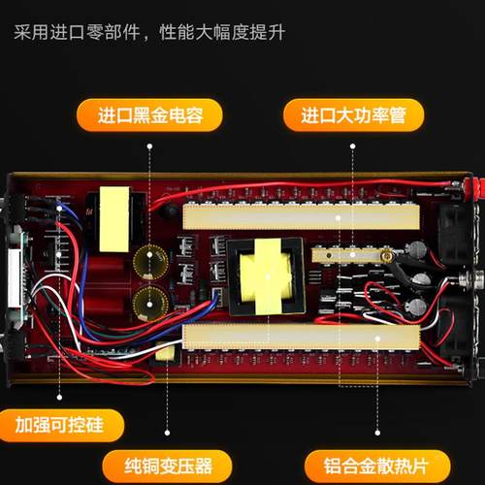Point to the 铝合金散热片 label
click(366, 463)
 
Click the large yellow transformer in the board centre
click(265, 273)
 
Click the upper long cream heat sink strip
click(301, 217)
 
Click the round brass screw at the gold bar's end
click(386, 256)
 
